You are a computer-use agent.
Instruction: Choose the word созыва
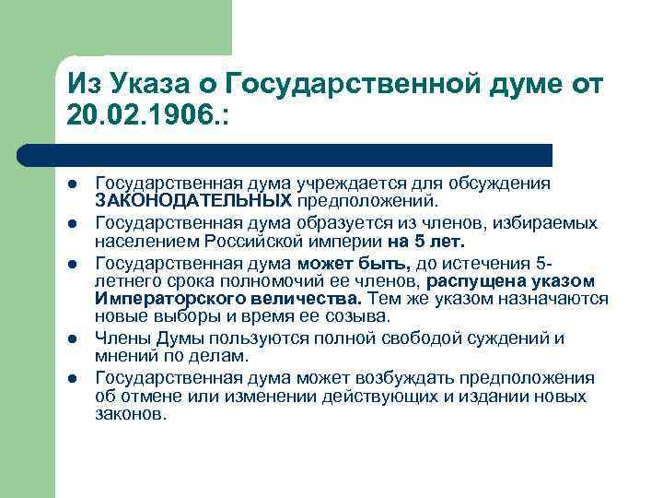pos(337,316)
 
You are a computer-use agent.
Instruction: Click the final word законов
pos(130,414)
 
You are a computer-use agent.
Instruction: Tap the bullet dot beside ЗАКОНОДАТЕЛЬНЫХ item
pos(73,184)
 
